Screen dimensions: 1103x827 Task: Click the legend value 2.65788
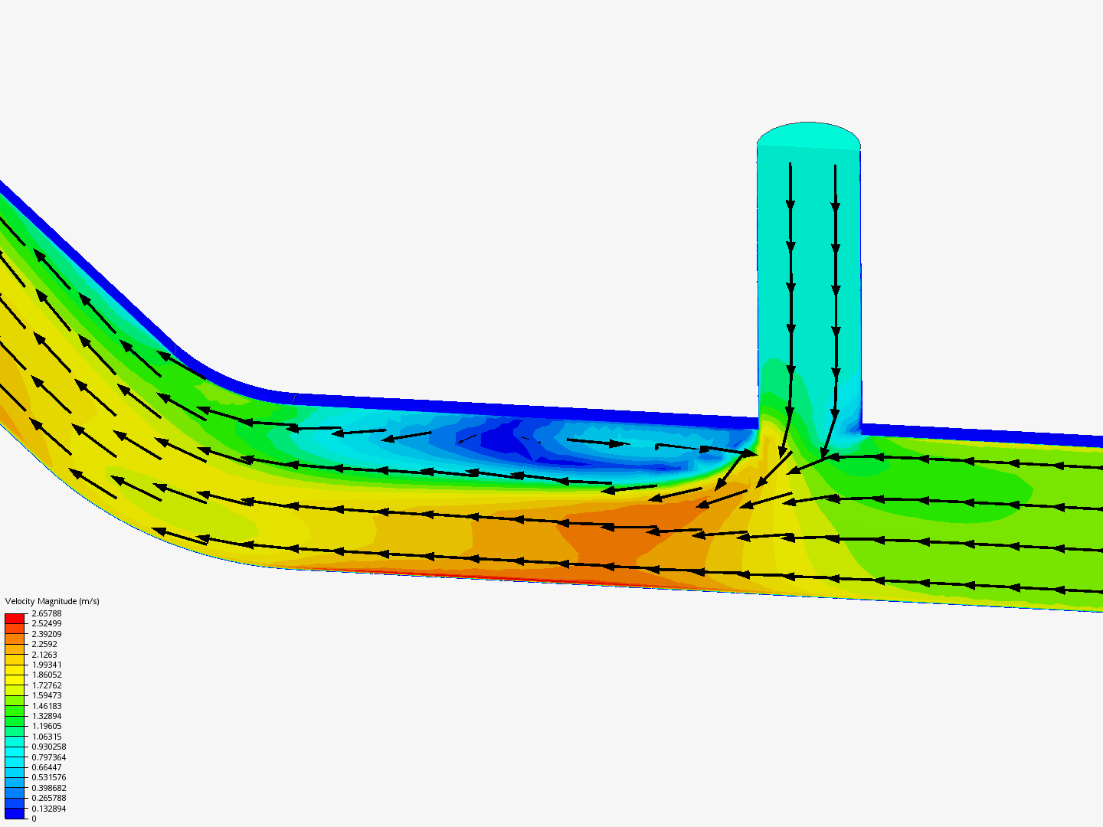coord(46,613)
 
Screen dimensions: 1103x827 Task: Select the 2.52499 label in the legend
coord(46,623)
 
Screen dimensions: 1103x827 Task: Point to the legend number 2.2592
coord(44,644)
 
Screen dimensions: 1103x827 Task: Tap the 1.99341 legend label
coord(46,665)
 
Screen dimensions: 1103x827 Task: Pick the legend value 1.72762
coord(46,685)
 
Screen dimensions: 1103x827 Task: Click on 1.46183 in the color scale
coord(46,706)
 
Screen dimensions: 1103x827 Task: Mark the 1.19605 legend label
coord(46,726)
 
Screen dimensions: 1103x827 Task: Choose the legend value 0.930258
coord(49,747)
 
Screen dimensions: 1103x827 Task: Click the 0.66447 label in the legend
coord(46,767)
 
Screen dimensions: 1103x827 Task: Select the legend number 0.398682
coord(49,788)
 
